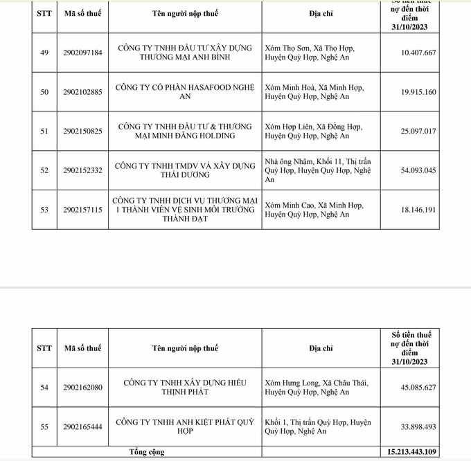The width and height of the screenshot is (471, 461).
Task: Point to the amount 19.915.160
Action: [418, 92]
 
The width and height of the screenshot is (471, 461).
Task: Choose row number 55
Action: [44, 426]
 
